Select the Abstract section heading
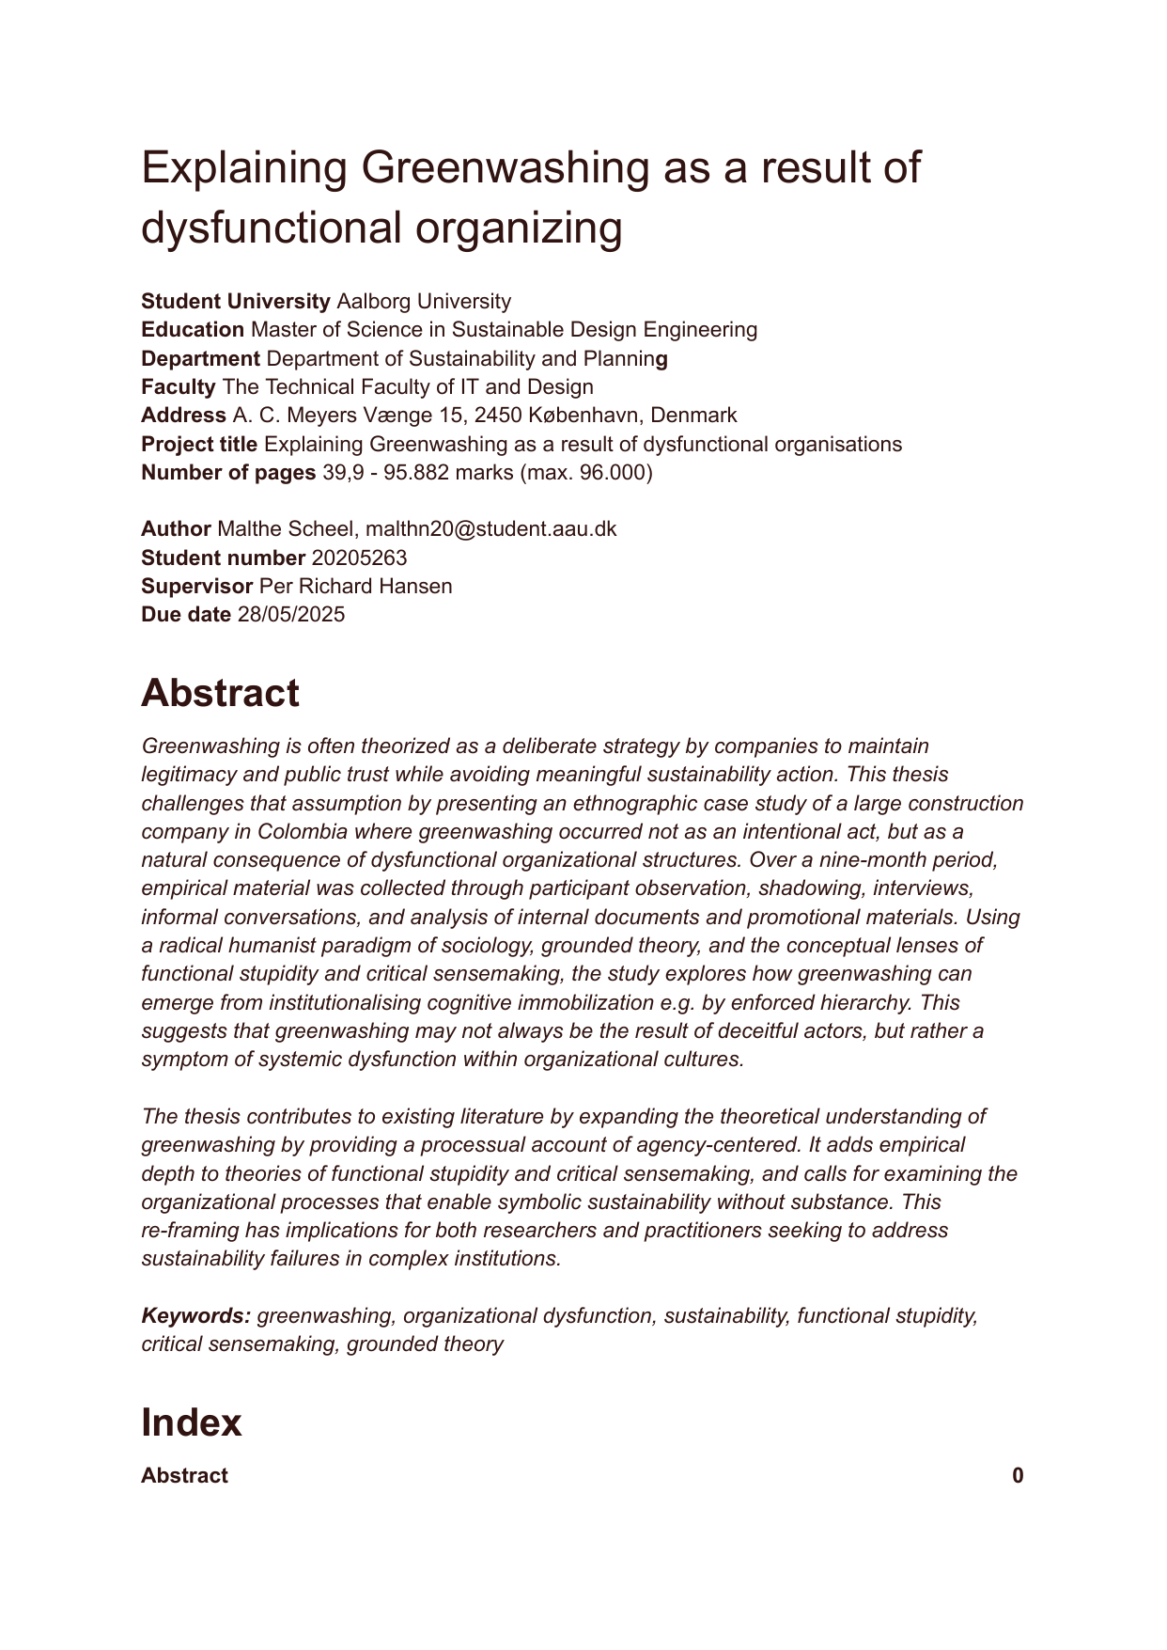[220, 694]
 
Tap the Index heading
[191, 1422]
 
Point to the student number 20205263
[359, 558]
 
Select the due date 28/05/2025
[291, 615]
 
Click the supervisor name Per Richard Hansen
[355, 587]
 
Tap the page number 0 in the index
[1018, 1476]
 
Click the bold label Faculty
[179, 387]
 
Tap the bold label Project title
[199, 444]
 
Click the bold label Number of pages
[228, 472]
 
